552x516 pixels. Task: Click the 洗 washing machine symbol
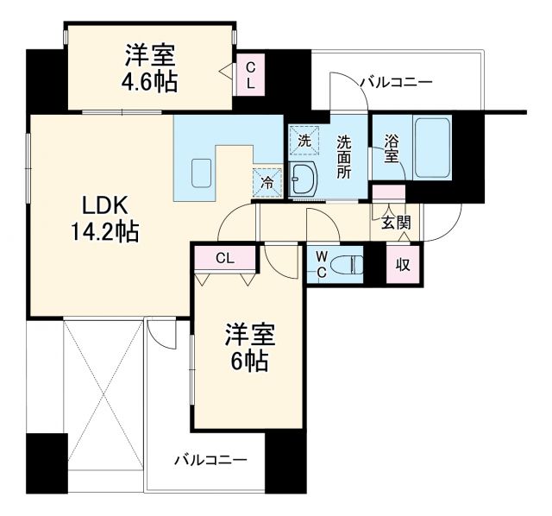304,140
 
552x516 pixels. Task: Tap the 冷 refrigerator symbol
267,182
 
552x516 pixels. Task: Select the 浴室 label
392,148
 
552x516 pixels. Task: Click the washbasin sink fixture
304,179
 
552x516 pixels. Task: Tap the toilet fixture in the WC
349,264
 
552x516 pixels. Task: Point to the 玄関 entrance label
396,223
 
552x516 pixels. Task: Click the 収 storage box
403,264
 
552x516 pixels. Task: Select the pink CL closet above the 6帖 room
224,256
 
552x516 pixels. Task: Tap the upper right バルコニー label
395,83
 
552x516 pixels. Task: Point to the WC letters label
320,264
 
